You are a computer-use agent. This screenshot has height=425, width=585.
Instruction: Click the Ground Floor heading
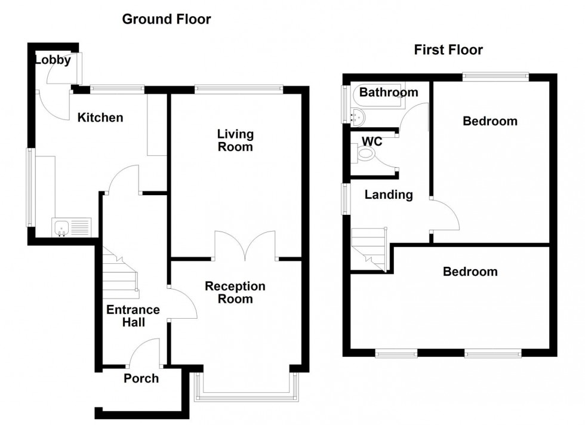(x=166, y=19)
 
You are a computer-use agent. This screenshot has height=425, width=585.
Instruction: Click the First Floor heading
(x=448, y=50)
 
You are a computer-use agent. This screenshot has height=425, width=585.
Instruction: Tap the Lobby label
(x=53, y=60)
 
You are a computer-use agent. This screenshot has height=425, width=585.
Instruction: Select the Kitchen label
(x=100, y=118)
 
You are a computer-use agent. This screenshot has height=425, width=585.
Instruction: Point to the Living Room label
(x=235, y=140)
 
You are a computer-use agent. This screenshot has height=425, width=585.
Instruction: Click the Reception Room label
(x=235, y=292)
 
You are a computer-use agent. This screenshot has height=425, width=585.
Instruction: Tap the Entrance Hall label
(x=133, y=316)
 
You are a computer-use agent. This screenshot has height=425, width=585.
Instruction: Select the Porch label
(x=141, y=378)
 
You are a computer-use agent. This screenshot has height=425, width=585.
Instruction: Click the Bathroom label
(x=388, y=93)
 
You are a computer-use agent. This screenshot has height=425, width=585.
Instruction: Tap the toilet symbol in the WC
(x=365, y=155)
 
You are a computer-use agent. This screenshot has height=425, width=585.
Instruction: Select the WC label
(x=372, y=141)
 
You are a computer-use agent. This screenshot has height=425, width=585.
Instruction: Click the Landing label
(x=389, y=195)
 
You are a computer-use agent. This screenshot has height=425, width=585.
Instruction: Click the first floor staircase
(x=369, y=250)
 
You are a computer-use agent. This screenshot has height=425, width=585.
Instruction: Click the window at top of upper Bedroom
(x=495, y=76)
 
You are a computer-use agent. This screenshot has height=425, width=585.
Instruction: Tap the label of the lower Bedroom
(x=470, y=272)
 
